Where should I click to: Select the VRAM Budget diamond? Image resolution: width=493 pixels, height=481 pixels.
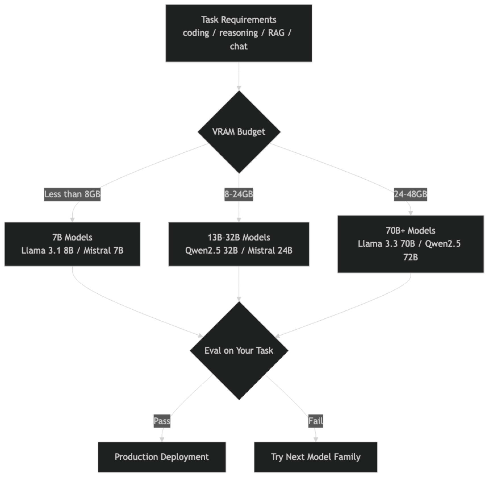[239, 132]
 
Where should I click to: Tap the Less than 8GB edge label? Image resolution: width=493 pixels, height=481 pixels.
[72, 194]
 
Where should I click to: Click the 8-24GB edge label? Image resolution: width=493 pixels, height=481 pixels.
[239, 194]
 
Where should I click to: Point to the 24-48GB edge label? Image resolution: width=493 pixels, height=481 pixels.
[410, 194]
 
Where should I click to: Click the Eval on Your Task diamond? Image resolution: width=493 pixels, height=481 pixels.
[239, 351]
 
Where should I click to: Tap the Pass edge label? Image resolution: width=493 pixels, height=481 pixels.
[162, 421]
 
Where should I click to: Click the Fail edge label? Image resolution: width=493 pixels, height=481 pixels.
[316, 421]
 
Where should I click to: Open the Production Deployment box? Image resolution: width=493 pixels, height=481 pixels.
[162, 457]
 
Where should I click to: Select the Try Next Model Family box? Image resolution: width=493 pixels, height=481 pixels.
[316, 457]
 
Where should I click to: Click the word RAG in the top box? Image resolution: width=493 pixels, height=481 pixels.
[276, 33]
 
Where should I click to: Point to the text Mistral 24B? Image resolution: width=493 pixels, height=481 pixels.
[270, 250]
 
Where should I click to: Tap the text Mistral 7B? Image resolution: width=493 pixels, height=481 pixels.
[103, 250]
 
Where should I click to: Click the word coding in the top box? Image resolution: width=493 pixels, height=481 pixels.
[196, 33]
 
